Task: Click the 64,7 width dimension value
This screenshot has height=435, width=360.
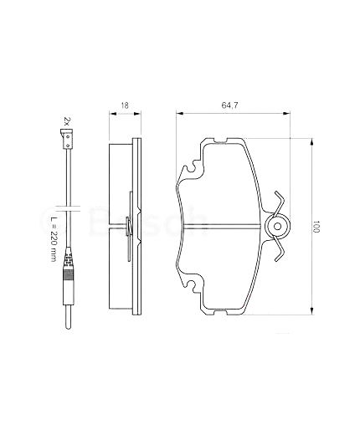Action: (229, 105)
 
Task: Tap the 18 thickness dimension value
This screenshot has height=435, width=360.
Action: (125, 105)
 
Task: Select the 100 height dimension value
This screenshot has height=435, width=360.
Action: (316, 227)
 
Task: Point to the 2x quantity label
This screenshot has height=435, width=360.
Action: (66, 121)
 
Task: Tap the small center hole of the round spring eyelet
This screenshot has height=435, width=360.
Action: (277, 226)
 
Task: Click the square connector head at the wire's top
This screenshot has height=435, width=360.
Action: (66, 140)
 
